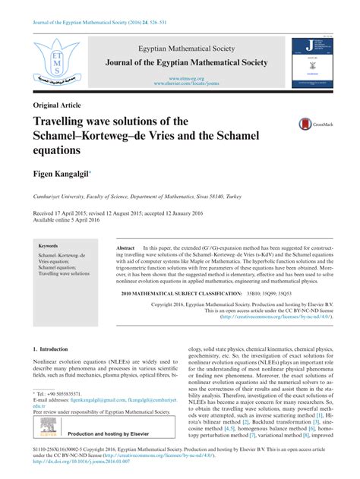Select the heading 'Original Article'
pos(57,105)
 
